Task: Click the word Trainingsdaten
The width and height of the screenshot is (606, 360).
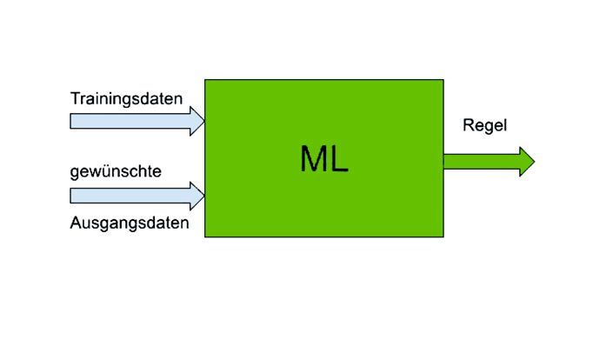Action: tap(126, 99)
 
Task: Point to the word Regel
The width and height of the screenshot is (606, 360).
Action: tap(484, 126)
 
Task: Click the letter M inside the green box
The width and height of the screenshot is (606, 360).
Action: tap(316, 159)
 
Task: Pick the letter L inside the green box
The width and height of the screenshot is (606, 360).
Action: tap(340, 159)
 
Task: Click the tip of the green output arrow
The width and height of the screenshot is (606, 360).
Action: tap(533, 162)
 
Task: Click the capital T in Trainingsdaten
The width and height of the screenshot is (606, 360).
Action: tap(75, 99)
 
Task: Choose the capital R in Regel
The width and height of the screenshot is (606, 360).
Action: tap(468, 126)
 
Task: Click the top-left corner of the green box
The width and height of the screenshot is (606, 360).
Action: tap(205, 80)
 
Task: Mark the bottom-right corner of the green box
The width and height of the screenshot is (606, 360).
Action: tap(443, 237)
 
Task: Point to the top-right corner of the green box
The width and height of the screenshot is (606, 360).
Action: tap(443, 80)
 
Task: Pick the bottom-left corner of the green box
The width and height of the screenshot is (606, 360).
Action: tap(205, 237)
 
